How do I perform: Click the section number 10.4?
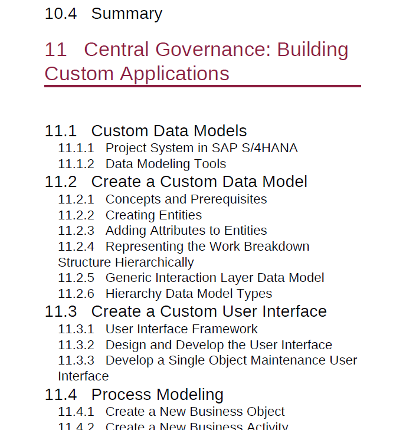[x=61, y=14]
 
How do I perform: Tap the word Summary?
[x=127, y=14]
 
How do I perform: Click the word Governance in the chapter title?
[x=213, y=50]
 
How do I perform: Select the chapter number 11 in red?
[x=55, y=50]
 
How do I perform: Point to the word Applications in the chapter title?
[x=174, y=74]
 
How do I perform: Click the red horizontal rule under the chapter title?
[x=202, y=86]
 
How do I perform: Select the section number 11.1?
[x=61, y=131]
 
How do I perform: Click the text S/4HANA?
[x=270, y=148]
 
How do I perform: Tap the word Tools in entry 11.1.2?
[x=210, y=164]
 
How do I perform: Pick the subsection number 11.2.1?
[x=76, y=199]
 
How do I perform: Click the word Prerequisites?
[x=229, y=199]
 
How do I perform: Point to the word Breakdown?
[x=277, y=247]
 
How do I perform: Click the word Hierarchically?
[x=155, y=262]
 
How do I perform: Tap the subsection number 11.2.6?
[x=76, y=294]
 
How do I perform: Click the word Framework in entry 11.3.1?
[x=225, y=329]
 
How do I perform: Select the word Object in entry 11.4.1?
[x=266, y=412]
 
